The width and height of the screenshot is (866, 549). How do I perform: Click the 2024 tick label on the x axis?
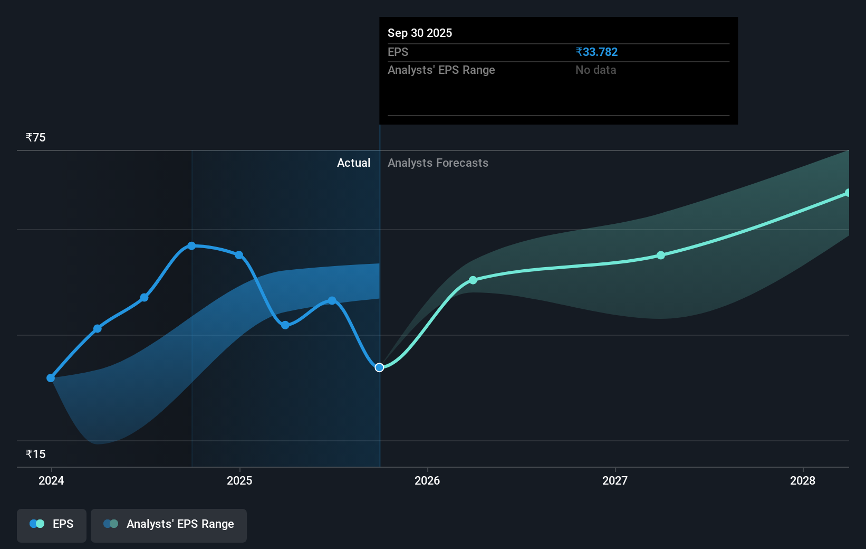[x=51, y=480]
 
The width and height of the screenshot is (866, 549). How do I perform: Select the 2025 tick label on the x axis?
[x=239, y=480]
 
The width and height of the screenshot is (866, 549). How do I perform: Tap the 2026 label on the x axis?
[x=427, y=480]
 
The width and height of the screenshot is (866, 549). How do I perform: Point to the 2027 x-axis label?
[x=615, y=480]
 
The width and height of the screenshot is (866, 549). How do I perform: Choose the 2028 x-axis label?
[x=803, y=480]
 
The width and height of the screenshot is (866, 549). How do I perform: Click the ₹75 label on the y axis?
[x=36, y=138]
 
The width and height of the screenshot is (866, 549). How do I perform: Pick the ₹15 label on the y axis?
[x=36, y=454]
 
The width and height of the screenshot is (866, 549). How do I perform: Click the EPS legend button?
[x=52, y=524]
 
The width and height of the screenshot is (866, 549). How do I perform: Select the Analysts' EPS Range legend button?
[x=169, y=524]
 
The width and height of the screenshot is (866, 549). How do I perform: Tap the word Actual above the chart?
[x=353, y=163]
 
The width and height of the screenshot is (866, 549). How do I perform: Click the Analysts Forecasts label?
[x=438, y=163]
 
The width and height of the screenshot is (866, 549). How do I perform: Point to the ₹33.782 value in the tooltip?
[x=596, y=52]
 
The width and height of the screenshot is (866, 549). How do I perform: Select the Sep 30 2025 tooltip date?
[x=420, y=33]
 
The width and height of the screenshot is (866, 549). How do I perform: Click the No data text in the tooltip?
[x=595, y=70]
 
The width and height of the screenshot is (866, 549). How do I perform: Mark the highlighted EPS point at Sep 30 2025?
[x=379, y=367]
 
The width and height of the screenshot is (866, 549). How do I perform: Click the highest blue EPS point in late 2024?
[x=191, y=246]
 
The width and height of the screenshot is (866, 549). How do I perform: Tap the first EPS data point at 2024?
[x=51, y=378]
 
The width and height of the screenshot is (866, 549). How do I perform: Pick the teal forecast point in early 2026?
[x=473, y=280]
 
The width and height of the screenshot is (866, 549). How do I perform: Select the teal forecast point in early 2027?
[x=661, y=255]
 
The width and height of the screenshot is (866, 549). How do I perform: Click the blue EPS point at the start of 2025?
[x=239, y=255]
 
